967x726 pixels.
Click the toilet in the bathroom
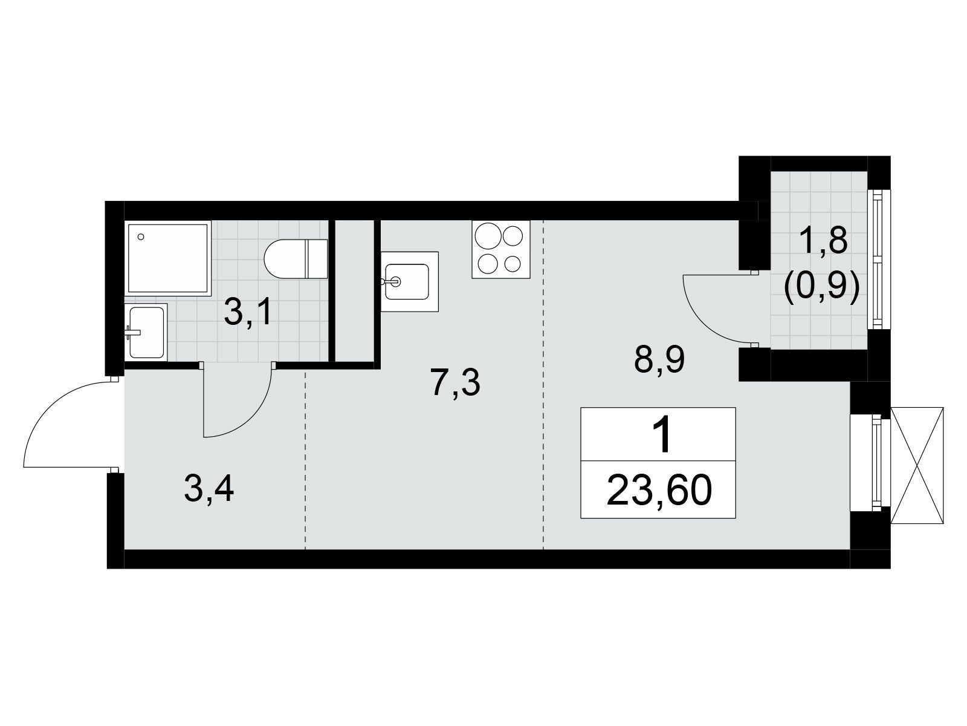click(296, 259)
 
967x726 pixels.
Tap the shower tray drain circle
click(141, 237)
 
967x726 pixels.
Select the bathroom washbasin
click(146, 332)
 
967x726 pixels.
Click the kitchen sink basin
click(407, 282)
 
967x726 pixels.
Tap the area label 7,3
click(456, 383)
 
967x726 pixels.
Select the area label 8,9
click(659, 359)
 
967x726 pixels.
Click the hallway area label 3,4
click(209, 489)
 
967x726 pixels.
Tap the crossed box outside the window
click(917, 465)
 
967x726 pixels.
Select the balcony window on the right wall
click(879, 260)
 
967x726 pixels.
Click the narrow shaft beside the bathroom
click(355, 291)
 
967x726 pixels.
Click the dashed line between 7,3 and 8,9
click(543, 384)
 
